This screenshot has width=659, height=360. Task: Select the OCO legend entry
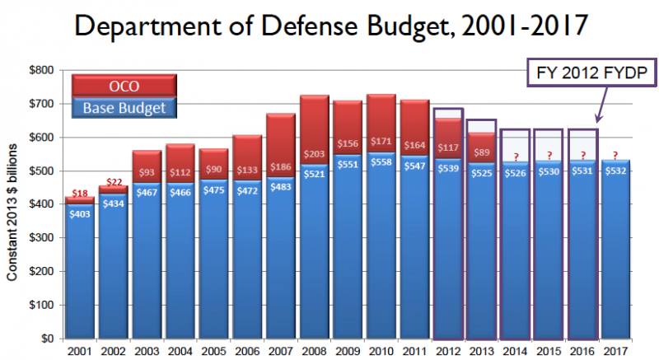tap(124, 85)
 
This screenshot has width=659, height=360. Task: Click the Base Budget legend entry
tap(124, 107)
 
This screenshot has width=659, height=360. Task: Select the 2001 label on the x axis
tap(79, 350)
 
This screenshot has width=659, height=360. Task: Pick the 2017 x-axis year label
tap(615, 350)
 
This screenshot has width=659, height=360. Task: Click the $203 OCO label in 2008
tap(314, 153)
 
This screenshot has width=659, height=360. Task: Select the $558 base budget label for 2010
tap(381, 161)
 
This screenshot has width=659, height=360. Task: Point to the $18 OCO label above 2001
tap(80, 194)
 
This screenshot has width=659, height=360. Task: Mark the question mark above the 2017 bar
tap(615, 153)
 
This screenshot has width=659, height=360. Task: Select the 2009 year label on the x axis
tap(348, 350)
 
